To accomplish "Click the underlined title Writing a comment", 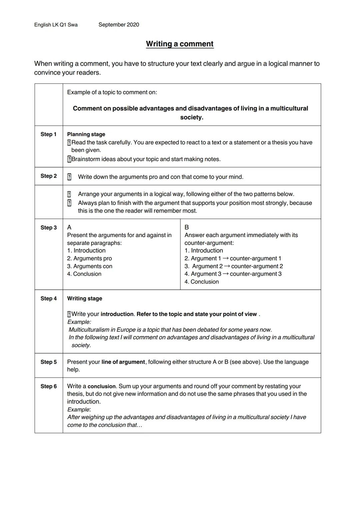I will point(180,44).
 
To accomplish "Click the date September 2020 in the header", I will point(119,25).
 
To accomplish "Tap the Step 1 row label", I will point(49,134).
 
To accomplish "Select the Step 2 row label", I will point(49,176).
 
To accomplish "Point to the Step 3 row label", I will point(49,228).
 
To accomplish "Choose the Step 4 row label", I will point(49,298).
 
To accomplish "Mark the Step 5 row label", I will point(49,362).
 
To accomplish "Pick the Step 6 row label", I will point(49,386).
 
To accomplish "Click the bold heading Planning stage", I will point(86,134).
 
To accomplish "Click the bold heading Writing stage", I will point(85,298).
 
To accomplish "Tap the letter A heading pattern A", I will point(69,227).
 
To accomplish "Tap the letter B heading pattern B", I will point(187,227).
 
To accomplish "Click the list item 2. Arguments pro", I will point(89,258).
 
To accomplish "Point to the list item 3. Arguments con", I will point(90,266).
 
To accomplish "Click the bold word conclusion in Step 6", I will point(101,386).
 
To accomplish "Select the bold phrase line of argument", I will point(123,362).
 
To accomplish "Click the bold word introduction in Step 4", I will point(117,314).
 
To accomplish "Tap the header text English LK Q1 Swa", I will point(56,25).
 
